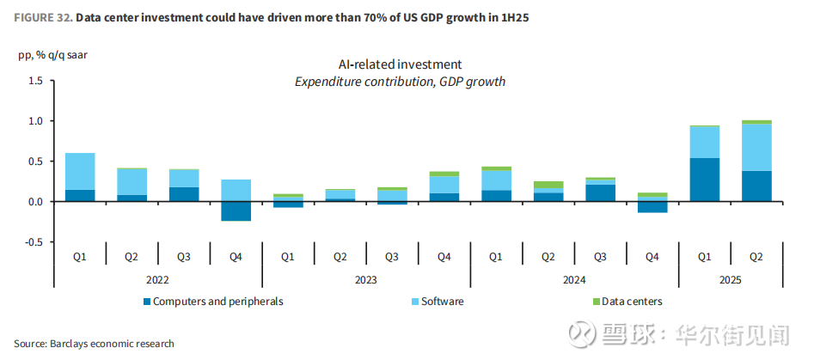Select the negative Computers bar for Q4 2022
(x=236, y=211)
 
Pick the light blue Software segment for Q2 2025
(x=756, y=148)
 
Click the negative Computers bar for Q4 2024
(x=652, y=207)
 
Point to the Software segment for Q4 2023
(x=444, y=185)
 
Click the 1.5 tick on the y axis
(x=35, y=81)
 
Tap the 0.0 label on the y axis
(x=35, y=202)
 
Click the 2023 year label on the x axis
(x=365, y=280)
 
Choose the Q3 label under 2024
(x=599, y=256)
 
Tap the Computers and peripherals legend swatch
(x=146, y=302)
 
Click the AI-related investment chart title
(x=400, y=64)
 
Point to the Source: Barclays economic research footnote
(x=94, y=344)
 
